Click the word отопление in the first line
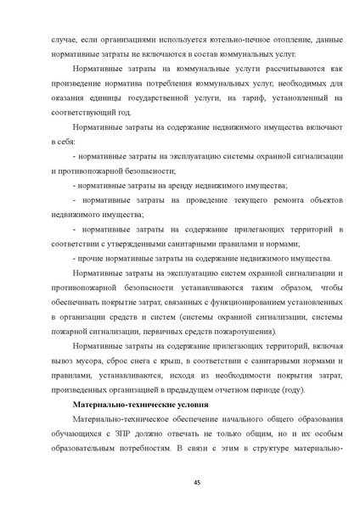tap(249, 40)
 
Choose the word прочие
tap(92, 258)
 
